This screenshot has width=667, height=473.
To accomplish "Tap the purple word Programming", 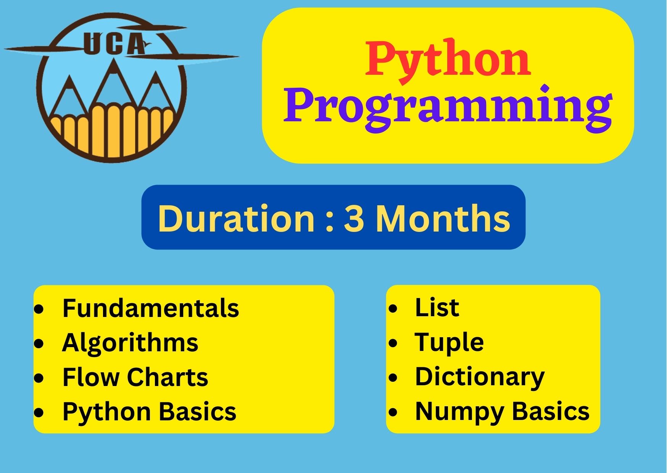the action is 448,108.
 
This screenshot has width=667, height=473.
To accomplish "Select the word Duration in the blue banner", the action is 236,218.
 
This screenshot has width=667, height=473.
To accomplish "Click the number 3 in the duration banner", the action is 354,218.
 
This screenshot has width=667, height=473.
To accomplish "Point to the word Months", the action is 443,218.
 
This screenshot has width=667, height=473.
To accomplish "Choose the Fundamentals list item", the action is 151,308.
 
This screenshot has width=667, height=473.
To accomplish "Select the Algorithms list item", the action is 130,343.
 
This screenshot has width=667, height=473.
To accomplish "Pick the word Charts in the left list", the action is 168,377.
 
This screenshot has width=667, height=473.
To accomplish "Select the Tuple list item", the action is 449,343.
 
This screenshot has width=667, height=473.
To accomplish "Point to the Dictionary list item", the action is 480,377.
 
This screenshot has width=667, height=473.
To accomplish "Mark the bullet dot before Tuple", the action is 393,343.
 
